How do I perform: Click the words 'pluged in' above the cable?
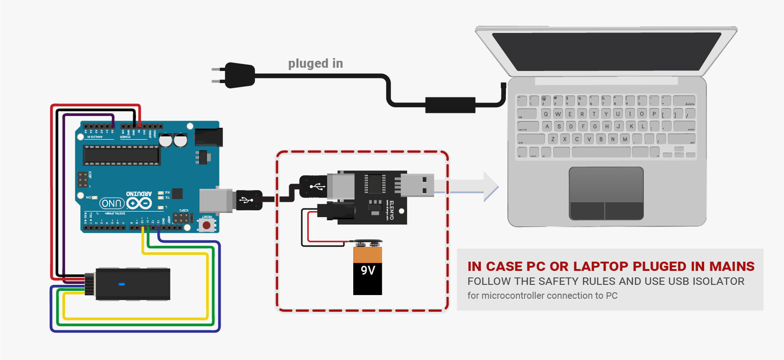315,64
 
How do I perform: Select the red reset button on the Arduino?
206,226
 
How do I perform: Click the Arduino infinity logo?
139,203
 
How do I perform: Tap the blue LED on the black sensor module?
121,284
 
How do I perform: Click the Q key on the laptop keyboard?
546,114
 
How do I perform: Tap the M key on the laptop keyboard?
625,139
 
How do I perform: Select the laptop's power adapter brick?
450,105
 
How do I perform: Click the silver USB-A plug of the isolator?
418,184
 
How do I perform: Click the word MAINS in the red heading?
731,267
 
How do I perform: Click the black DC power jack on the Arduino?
208,137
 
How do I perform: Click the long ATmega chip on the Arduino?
121,155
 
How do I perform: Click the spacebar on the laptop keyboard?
601,152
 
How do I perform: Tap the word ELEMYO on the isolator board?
392,210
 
